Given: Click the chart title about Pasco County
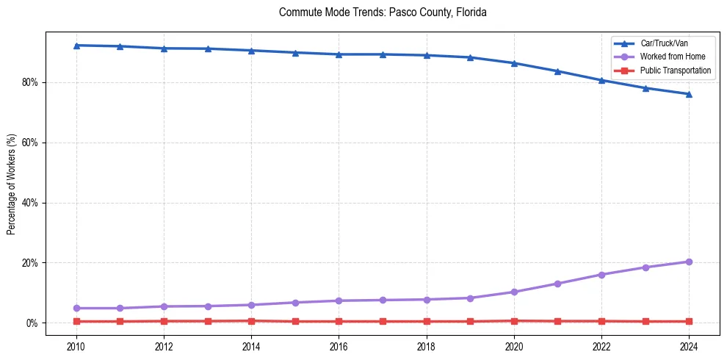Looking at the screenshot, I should click(x=383, y=12).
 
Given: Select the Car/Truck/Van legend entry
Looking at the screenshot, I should click(x=664, y=43).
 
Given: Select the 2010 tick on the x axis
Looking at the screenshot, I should click(x=76, y=345).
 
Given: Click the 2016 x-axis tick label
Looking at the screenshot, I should click(x=339, y=345).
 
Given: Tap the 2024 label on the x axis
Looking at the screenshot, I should click(x=689, y=345).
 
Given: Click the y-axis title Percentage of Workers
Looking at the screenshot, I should click(x=12, y=184).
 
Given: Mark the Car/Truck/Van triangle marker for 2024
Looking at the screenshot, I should click(x=689, y=94).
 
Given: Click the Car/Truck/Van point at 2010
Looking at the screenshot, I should click(x=76, y=46).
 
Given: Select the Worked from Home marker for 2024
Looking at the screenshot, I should click(x=689, y=262).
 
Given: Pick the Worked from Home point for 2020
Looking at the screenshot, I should click(x=514, y=292).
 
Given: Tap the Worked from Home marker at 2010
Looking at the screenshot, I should click(x=76, y=308).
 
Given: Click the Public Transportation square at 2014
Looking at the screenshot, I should click(x=251, y=320).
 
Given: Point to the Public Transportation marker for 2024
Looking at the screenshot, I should click(x=689, y=321).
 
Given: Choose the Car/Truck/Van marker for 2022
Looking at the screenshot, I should click(x=601, y=80).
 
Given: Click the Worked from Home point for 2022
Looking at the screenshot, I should click(x=601, y=274).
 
